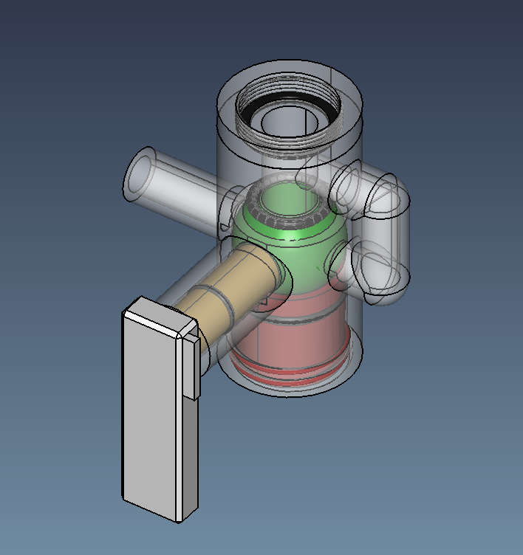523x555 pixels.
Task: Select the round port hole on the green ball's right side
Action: pos(338,262)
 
